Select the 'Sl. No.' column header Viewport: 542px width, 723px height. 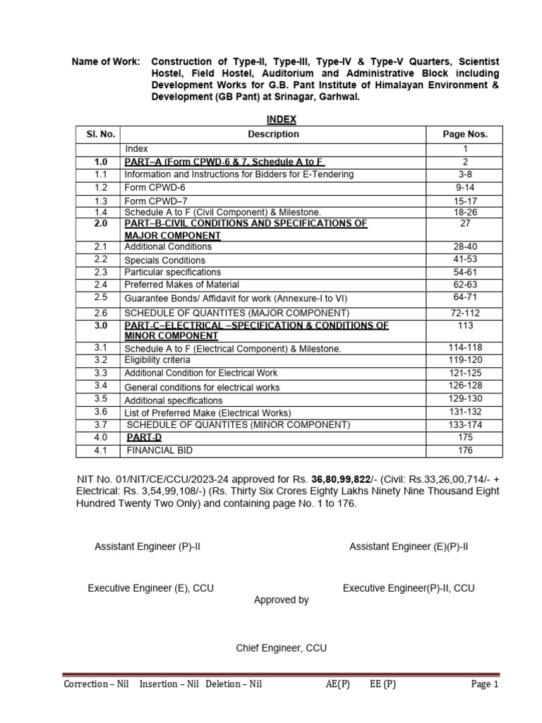[x=100, y=134]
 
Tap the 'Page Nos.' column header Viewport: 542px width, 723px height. [x=464, y=134]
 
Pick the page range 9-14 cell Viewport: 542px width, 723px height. [x=464, y=188]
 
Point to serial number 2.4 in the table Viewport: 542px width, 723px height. [x=100, y=285]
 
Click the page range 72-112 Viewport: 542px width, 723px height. [x=464, y=312]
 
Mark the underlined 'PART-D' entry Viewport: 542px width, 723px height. [x=144, y=438]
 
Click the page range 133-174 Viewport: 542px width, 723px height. [x=464, y=424]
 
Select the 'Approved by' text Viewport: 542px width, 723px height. [x=281, y=600]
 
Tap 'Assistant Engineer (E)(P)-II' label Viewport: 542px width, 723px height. [x=409, y=547]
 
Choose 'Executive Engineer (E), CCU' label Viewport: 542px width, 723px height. [x=150, y=587]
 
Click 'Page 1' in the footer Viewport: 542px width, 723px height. [x=484, y=685]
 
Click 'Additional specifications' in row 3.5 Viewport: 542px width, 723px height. [x=173, y=400]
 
